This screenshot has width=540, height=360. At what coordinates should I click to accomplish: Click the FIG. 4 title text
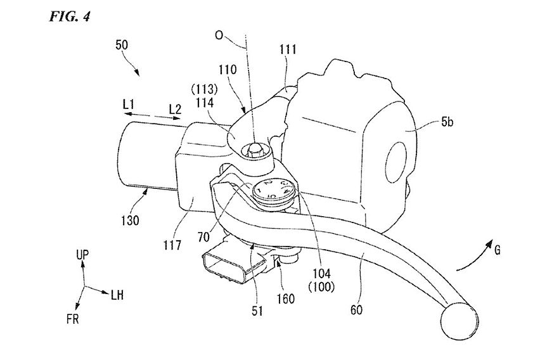(x=70, y=16)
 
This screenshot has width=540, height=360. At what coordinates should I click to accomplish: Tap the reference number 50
(x=122, y=45)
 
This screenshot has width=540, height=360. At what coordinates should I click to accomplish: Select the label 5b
(x=447, y=122)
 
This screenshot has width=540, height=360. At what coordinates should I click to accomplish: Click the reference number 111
(x=288, y=49)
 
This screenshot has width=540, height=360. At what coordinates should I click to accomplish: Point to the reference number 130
(x=130, y=220)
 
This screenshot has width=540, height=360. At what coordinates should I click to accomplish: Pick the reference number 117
(x=172, y=245)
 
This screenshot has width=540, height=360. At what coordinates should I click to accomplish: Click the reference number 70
(x=204, y=237)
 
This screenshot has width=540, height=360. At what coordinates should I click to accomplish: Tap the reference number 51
(x=257, y=311)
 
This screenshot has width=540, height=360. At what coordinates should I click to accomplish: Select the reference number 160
(x=285, y=299)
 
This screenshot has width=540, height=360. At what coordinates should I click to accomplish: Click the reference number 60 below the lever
(x=356, y=310)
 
